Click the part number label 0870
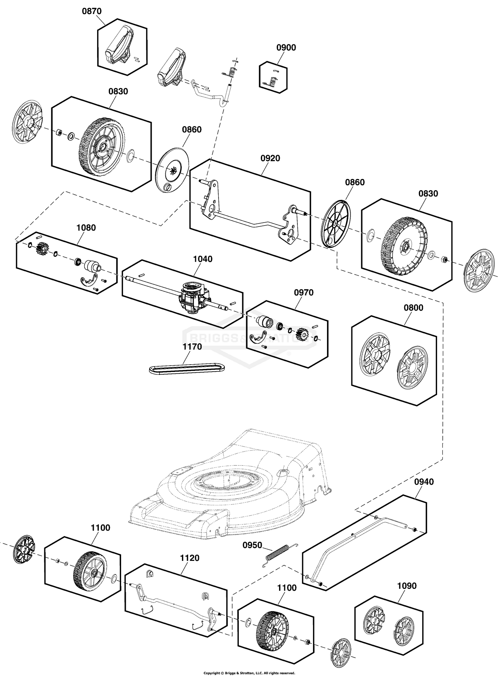92,11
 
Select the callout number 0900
286,48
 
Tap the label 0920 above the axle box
270,158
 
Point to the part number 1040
203,259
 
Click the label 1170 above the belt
192,347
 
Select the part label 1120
190,558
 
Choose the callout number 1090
407,586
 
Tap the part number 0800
414,308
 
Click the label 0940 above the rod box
424,482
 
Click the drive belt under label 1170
187,369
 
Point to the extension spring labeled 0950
279,555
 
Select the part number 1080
86,228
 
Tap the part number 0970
304,292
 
